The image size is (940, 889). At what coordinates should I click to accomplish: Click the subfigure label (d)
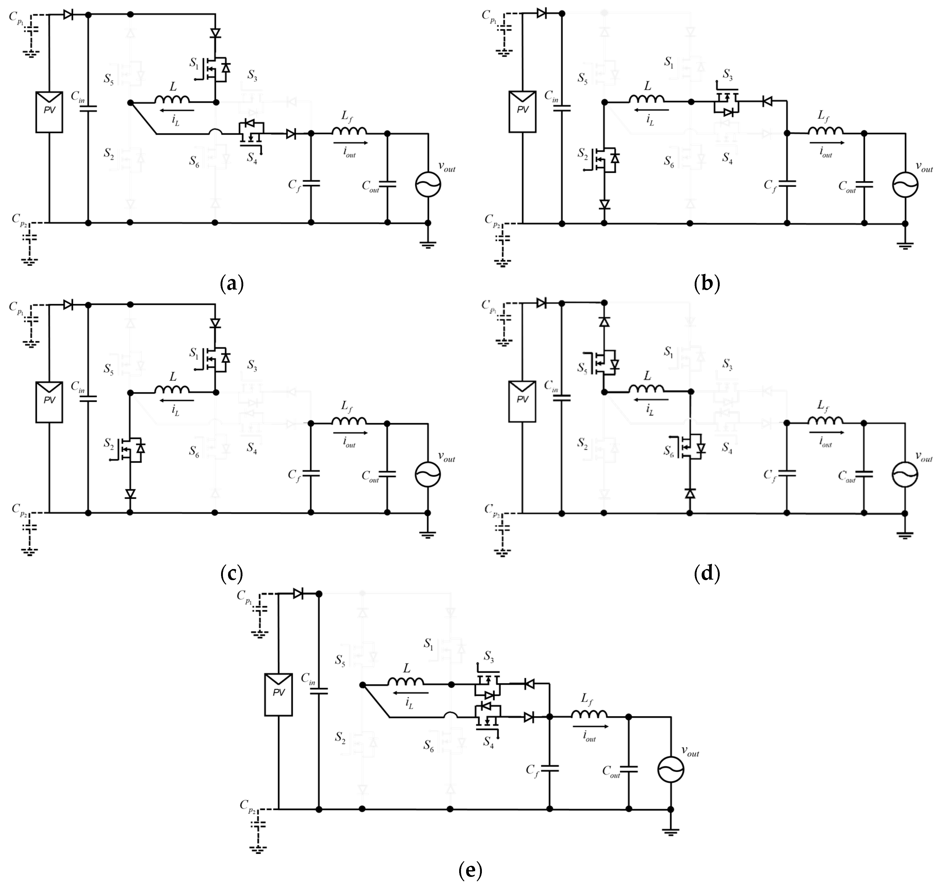pyautogui.click(x=706, y=574)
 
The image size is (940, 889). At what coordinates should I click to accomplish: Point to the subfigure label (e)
pyautogui.click(x=470, y=870)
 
